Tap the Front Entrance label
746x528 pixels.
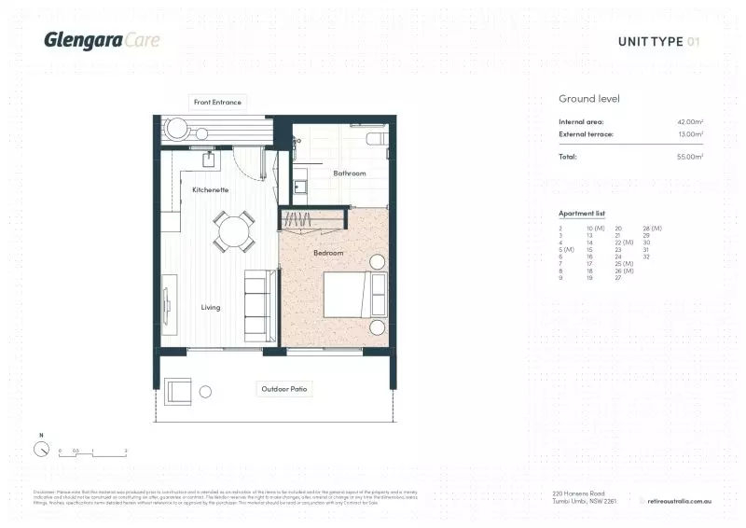[216, 101]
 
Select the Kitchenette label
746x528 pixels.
[211, 189]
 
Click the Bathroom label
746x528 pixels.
[350, 173]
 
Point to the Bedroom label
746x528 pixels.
[327, 253]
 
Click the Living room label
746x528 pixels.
[212, 306]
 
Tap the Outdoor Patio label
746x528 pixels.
[285, 388]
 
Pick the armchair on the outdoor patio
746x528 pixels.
[179, 391]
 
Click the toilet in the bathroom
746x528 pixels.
[376, 139]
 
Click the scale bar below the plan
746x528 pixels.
[92, 453]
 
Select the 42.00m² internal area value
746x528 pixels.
[690, 122]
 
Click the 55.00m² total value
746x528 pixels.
[690, 157]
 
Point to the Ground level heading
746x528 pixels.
[589, 99]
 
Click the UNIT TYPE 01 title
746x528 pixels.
[657, 41]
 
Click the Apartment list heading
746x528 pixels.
[582, 214]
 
